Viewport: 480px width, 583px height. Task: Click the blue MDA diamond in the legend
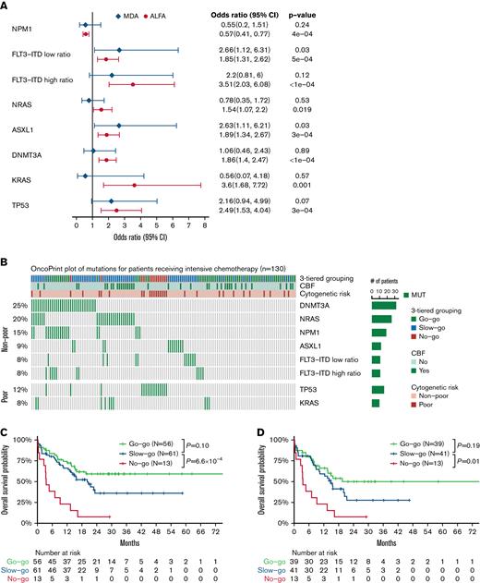pyautogui.click(x=92, y=16)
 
